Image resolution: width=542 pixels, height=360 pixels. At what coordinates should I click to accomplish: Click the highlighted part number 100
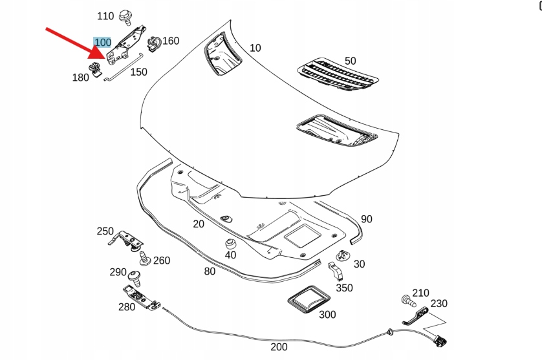coord(103,43)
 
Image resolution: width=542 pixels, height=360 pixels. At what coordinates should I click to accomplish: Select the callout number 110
coord(105,16)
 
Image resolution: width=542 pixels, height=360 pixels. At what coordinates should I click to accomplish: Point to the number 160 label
coord(170,41)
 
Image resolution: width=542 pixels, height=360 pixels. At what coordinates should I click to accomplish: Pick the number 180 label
coord(81,78)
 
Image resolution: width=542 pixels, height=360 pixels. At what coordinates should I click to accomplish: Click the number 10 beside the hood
coord(255,48)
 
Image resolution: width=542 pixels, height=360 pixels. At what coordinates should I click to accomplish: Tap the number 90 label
coord(367,219)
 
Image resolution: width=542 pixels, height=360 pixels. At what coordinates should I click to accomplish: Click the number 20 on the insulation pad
coord(198,224)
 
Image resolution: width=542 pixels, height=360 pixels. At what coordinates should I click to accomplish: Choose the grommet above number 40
coord(230,244)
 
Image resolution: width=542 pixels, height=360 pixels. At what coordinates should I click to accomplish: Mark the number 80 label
coord(210,271)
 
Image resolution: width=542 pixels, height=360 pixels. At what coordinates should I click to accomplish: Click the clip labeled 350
coord(336,271)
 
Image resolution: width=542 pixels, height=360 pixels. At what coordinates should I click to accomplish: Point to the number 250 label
coord(105,231)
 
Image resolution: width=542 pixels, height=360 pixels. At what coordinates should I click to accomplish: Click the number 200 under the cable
coord(279,347)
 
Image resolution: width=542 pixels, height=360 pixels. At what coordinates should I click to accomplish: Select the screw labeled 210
coord(406,300)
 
